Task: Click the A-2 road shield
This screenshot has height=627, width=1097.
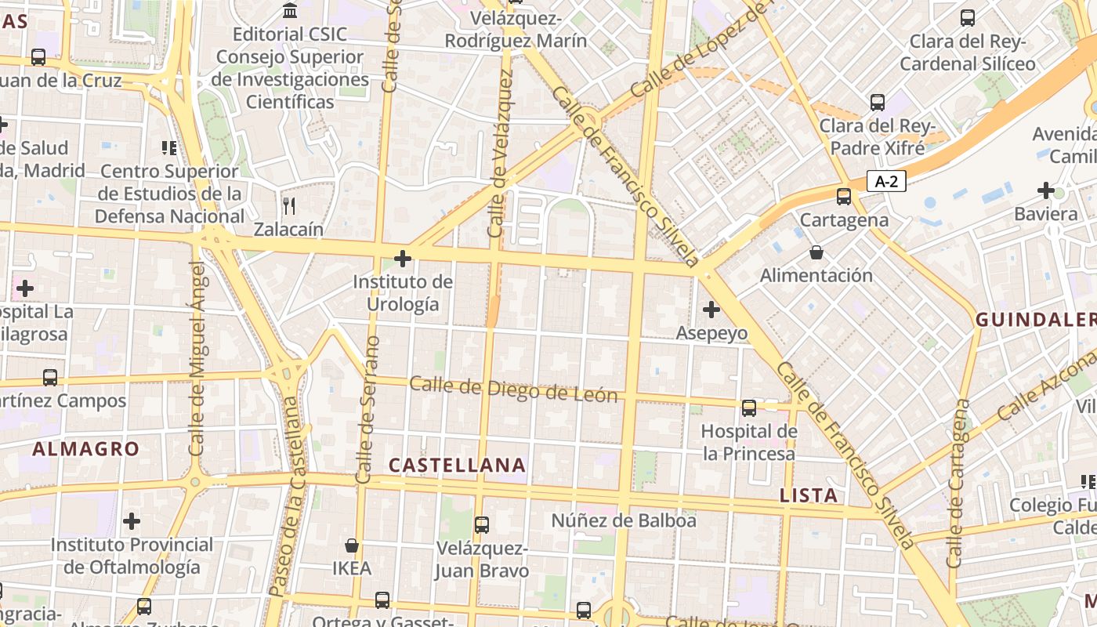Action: [886, 182]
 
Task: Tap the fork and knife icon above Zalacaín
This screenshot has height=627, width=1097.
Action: [289, 206]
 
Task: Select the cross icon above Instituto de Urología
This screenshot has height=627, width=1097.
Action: [403, 258]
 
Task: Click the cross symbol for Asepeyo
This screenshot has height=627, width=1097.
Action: [711, 310]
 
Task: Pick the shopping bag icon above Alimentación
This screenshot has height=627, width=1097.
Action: [816, 252]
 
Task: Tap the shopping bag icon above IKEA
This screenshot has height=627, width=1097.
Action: [352, 545]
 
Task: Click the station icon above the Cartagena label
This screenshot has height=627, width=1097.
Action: [844, 197]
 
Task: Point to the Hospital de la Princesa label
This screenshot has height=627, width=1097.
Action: [748, 442]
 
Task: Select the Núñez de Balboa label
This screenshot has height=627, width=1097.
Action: [624, 520]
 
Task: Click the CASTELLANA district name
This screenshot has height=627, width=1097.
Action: [458, 465]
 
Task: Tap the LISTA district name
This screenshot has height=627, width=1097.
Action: [809, 495]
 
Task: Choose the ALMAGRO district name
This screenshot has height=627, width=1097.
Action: [85, 449]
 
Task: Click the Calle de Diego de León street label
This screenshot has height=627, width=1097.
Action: [513, 389]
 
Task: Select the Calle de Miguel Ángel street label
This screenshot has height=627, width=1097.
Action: [197, 358]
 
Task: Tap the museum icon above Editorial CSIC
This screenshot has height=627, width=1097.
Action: [290, 11]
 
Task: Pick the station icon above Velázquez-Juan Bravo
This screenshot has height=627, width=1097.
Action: [482, 524]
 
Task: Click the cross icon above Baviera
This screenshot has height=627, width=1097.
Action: [1045, 190]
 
